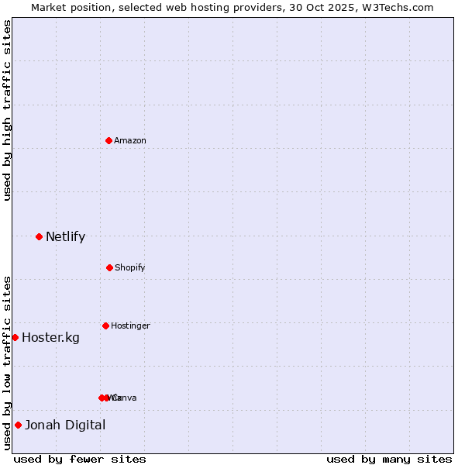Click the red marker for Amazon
pyautogui.click(x=108, y=140)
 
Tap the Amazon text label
pyautogui.click(x=129, y=140)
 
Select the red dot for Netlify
pyautogui.click(x=39, y=236)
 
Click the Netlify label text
pyautogui.click(x=65, y=236)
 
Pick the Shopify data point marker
pyautogui.click(x=109, y=267)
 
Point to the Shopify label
pyautogui.click(x=129, y=267)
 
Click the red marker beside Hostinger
pyautogui.click(x=105, y=325)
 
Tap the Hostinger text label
pyautogui.click(x=130, y=325)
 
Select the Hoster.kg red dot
pyautogui.click(x=15, y=337)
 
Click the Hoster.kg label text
pyautogui.click(x=50, y=337)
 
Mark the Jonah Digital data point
pyautogui.click(x=18, y=425)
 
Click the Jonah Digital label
pyautogui.click(x=65, y=425)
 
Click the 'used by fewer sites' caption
pyautogui.click(x=80, y=459)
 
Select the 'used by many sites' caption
pyautogui.click(x=389, y=459)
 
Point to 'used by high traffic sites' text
pyautogui.click(x=7, y=110)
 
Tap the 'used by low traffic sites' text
pyautogui.click(x=7, y=363)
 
